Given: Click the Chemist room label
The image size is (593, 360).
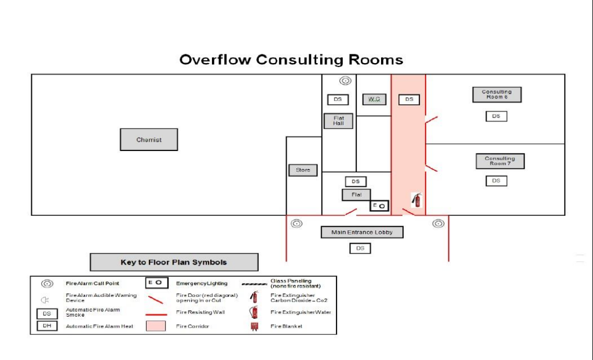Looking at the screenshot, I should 149,139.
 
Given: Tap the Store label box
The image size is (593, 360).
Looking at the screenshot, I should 303,170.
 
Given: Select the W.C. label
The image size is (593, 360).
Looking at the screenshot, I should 374,99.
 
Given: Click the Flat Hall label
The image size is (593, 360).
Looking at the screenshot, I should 338,120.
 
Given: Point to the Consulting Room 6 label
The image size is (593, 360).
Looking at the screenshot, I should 496,94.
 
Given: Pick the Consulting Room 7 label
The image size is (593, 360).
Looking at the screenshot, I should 500,161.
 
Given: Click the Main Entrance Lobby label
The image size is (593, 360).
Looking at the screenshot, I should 362,232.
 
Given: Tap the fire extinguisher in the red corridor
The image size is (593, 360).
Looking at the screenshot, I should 416,200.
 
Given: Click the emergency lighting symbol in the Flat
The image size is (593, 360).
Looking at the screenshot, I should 379,205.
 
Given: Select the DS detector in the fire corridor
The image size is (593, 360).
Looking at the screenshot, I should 409,100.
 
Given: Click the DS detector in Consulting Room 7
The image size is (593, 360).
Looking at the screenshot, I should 496,181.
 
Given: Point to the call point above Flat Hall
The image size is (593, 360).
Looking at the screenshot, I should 345,81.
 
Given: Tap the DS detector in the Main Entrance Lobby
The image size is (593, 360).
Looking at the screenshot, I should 360,248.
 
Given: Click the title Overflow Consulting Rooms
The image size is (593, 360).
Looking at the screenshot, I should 291,60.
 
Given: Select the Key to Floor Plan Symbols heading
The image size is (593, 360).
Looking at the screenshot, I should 174,262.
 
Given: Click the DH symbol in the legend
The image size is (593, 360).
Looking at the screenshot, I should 47,326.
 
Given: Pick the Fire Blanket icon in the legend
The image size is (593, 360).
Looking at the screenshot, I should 253,326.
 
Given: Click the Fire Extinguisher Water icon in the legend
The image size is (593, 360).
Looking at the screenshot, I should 253,312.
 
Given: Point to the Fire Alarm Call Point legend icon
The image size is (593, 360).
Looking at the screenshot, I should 47,284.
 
